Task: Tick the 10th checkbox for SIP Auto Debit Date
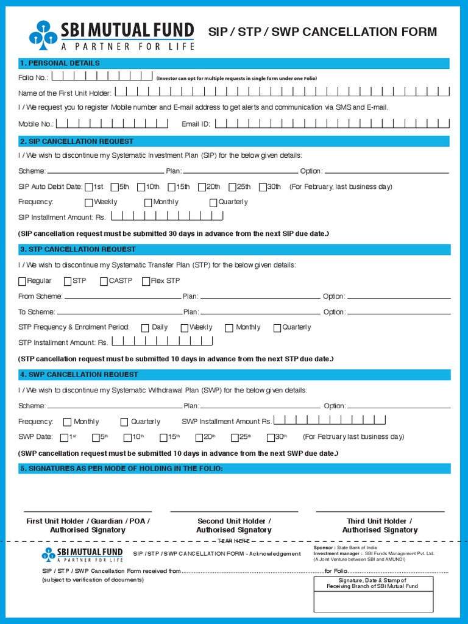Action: pyautogui.click(x=141, y=187)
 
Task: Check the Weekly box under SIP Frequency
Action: pyautogui.click(x=89, y=202)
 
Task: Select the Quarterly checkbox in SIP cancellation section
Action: pyautogui.click(x=213, y=202)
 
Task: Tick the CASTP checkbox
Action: pyautogui.click(x=104, y=281)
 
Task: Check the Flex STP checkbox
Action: pyautogui.click(x=146, y=281)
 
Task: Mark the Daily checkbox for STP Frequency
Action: pyautogui.click(x=145, y=328)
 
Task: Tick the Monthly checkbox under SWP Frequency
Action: pyautogui.click(x=67, y=422)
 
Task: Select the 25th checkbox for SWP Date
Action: pyautogui.click(x=235, y=437)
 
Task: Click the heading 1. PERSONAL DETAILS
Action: pyautogui.click(x=60, y=63)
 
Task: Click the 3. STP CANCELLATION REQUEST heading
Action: pyautogui.click(x=78, y=249)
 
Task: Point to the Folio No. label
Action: pyautogui.click(x=33, y=78)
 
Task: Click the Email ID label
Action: pyautogui.click(x=196, y=124)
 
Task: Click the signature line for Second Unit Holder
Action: pyautogui.click(x=234, y=511)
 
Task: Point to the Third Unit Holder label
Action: pyautogui.click(x=379, y=521)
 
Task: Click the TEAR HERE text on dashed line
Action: pyautogui.click(x=234, y=541)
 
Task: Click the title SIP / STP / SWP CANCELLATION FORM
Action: pyautogui.click(x=323, y=32)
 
